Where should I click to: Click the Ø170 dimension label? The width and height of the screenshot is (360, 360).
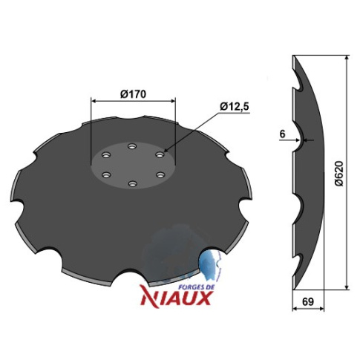pyautogui.click(x=134, y=94)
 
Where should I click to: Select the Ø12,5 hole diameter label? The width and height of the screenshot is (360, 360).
pyautogui.click(x=235, y=107)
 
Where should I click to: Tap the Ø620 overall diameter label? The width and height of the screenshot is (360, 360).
pyautogui.click(x=338, y=173)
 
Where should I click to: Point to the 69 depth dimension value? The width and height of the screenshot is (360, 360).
pyautogui.click(x=308, y=301)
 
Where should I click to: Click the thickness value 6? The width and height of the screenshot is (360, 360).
pyautogui.click(x=282, y=134)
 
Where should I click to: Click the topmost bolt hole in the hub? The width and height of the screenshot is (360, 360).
pyautogui.click(x=132, y=146)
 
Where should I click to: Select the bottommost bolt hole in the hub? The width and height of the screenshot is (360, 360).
pyautogui.click(x=133, y=184)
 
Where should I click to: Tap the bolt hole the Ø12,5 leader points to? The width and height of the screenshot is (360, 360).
pyautogui.click(x=160, y=155)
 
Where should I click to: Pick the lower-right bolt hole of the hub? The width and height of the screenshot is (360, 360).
pyautogui.click(x=160, y=174)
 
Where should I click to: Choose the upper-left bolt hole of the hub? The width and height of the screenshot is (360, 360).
pyautogui.click(x=106, y=155)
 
